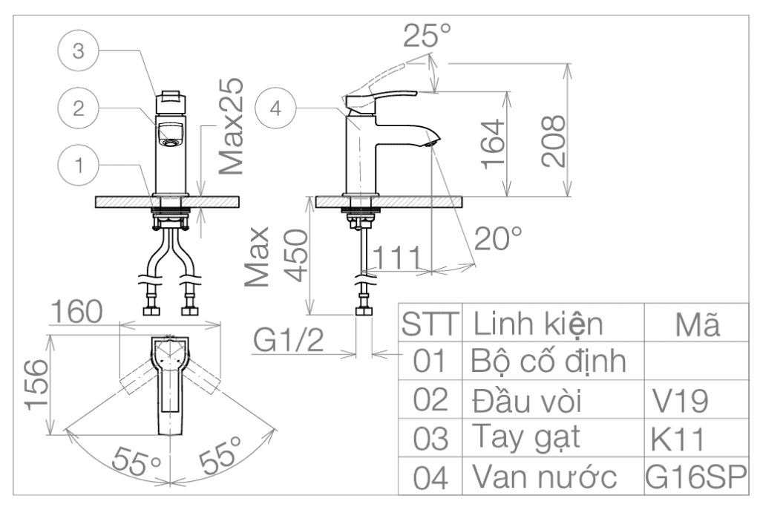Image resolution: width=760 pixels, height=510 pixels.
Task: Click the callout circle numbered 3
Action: click(x=78, y=51)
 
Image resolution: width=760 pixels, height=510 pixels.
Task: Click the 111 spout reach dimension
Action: click(x=397, y=258)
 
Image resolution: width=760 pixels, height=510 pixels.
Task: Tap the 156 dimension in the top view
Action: click(x=36, y=385)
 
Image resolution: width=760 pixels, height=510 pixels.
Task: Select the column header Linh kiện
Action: click(x=538, y=324)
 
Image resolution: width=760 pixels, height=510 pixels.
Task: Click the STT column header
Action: click(x=430, y=324)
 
